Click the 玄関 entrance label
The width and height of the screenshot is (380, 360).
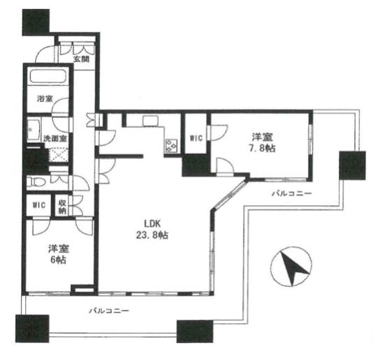[82, 59]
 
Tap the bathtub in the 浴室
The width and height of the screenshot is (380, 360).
[48, 76]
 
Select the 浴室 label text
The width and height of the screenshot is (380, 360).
[45, 98]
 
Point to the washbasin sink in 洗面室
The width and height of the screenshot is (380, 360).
[34, 130]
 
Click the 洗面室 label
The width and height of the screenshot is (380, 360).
[55, 138]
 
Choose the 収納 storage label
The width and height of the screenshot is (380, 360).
[62, 207]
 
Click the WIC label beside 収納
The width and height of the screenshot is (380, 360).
[39, 205]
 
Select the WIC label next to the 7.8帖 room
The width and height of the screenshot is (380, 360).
[196, 138]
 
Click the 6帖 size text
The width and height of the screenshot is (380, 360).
[58, 260]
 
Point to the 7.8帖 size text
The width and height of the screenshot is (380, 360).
[263, 148]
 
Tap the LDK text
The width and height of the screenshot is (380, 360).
[152, 224]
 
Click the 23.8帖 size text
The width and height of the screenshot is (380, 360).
[152, 235]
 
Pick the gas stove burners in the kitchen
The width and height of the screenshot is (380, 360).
[172, 146]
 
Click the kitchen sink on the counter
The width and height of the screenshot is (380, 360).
[150, 121]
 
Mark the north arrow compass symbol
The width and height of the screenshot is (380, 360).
[291, 266]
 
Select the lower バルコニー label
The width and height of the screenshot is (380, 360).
[109, 310]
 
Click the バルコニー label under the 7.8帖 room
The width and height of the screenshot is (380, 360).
[291, 193]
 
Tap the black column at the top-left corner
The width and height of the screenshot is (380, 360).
[36, 22]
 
